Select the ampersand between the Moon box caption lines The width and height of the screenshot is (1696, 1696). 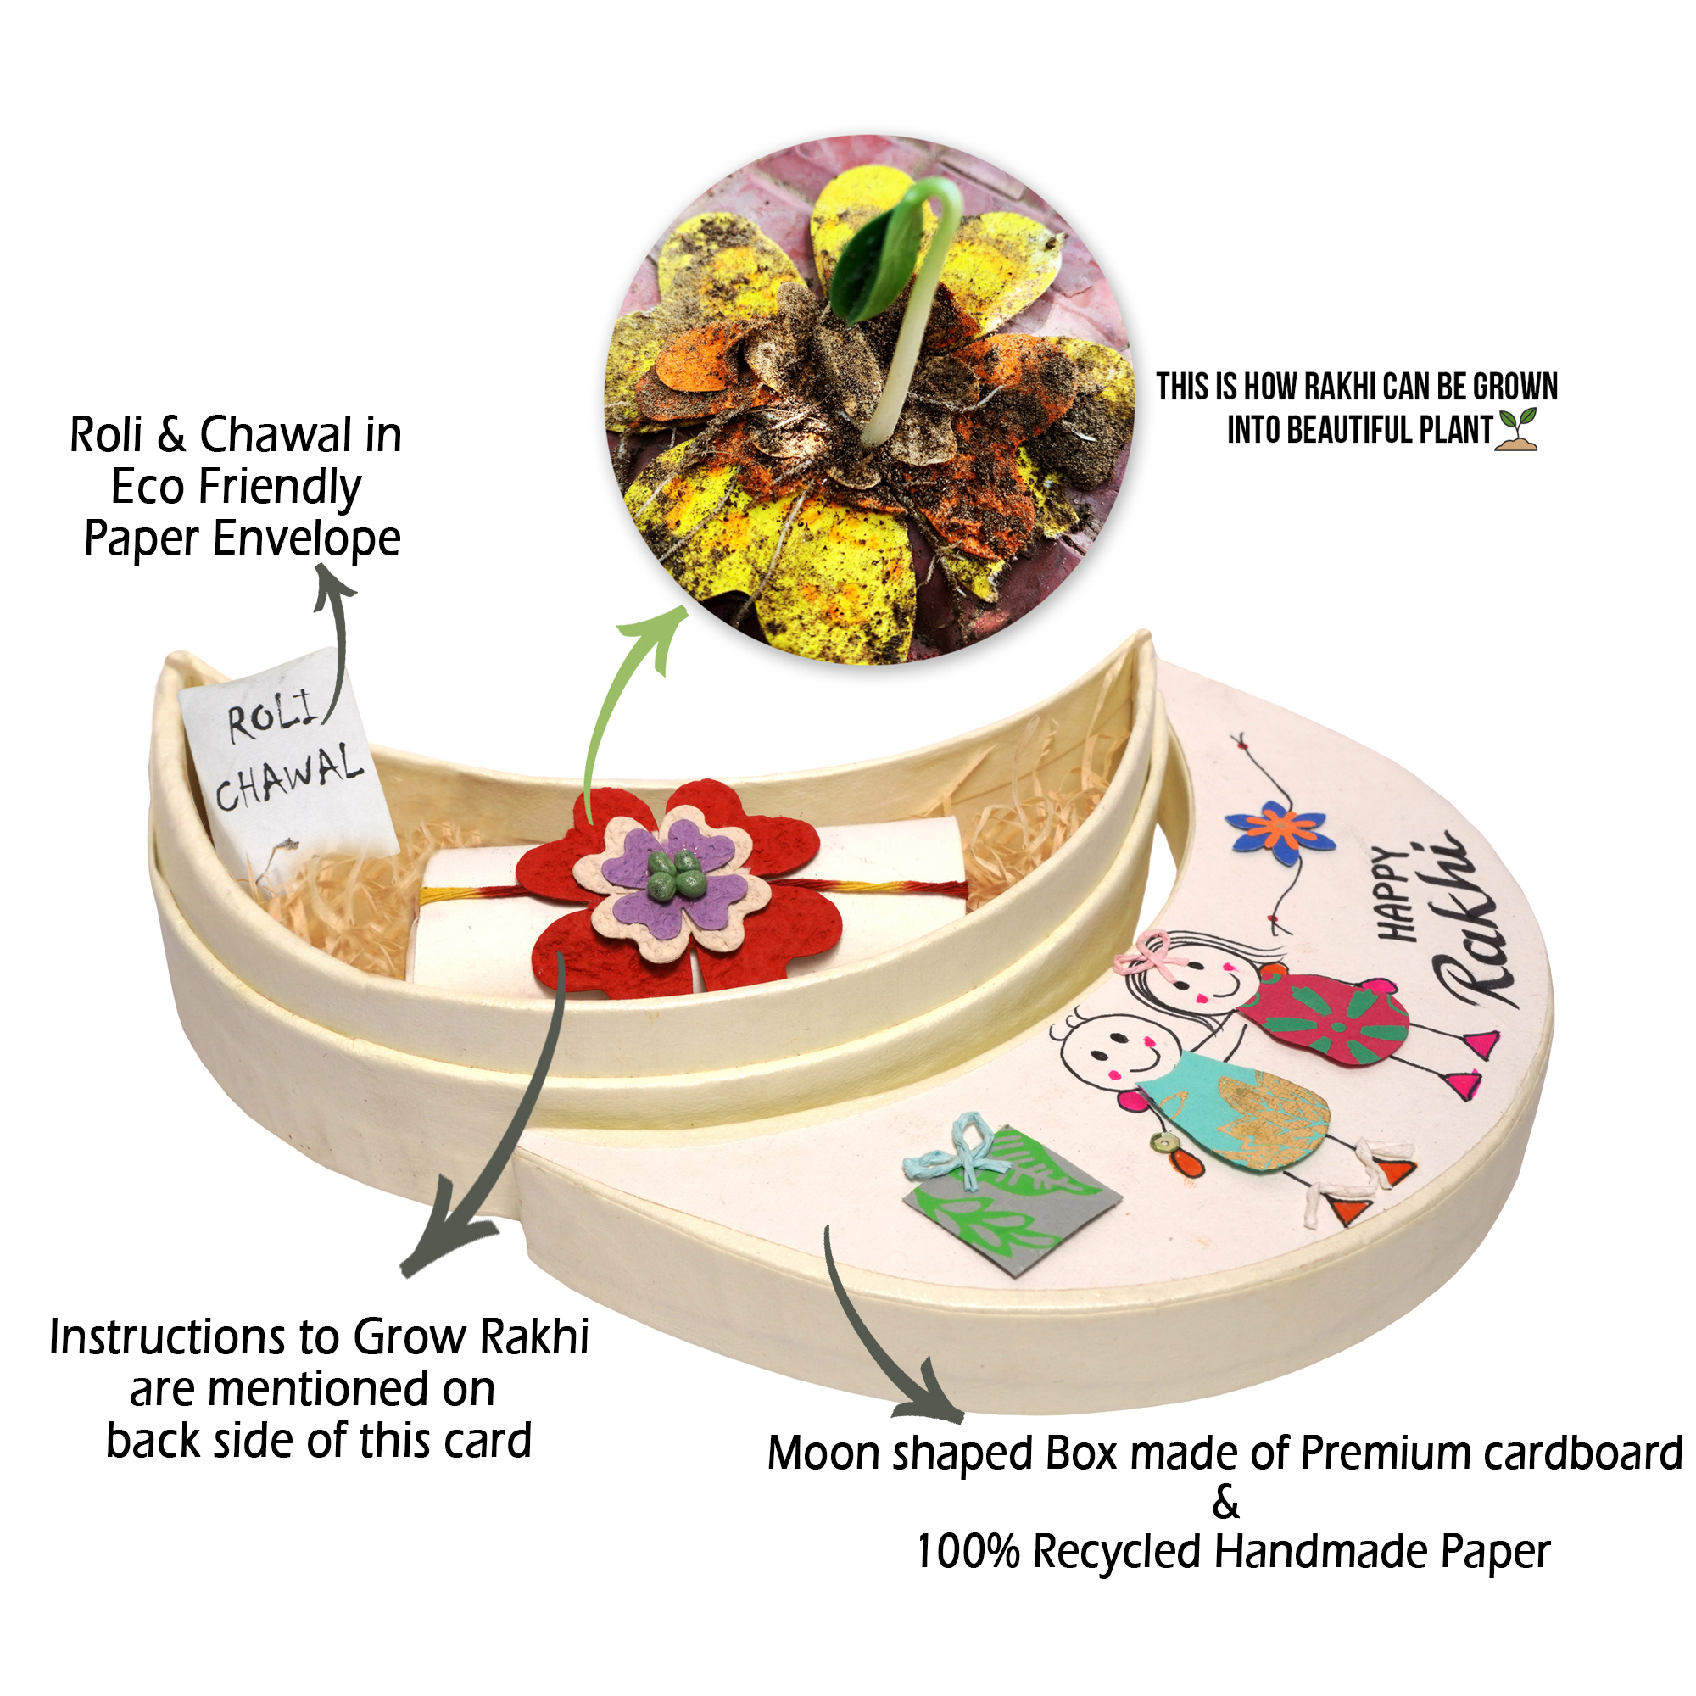point(1225,1503)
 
